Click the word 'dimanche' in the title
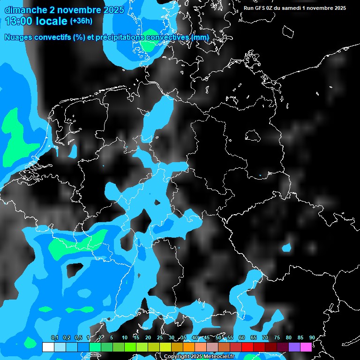point(26,9)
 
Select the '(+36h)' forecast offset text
point(81,21)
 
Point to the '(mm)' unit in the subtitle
point(199,37)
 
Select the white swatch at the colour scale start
point(48,347)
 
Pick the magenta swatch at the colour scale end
point(306,347)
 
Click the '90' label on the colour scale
point(312,337)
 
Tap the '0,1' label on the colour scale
point(54,337)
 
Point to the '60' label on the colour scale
point(242,337)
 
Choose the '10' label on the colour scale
point(125,337)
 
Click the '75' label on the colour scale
point(277,337)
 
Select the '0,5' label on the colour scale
point(78,337)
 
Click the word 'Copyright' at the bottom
point(177,356)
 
